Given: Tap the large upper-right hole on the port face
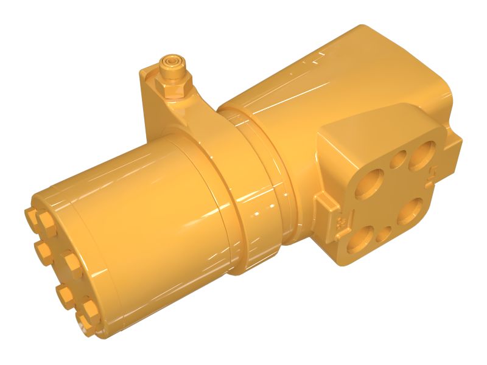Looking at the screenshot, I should point(422,156).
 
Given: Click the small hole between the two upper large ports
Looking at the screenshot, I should point(399,161).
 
